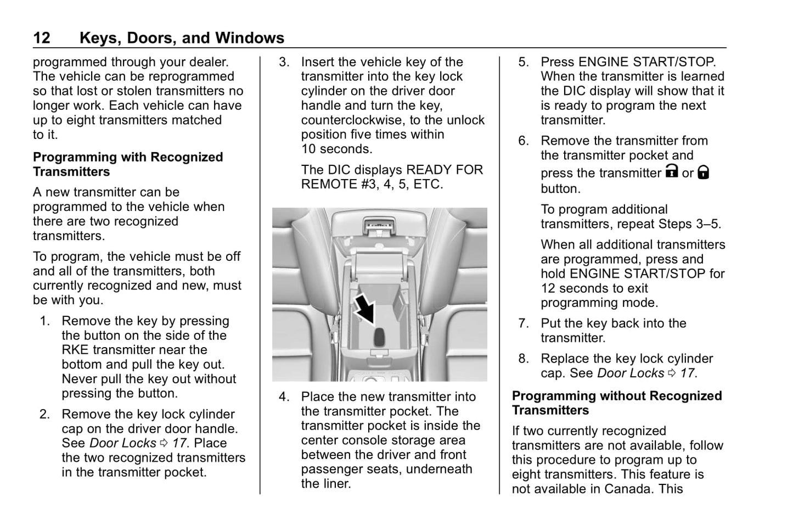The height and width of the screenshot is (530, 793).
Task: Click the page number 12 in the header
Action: [x=42, y=38]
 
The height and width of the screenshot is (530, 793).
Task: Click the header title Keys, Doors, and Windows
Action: [x=182, y=38]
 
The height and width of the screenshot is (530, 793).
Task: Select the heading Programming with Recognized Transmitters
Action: [x=127, y=164]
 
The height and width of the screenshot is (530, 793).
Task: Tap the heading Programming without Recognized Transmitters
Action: [x=616, y=403]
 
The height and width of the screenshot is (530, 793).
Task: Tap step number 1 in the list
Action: [x=45, y=321]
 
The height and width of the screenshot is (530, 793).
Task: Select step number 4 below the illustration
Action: [x=284, y=397]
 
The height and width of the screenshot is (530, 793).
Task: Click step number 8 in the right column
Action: [x=524, y=359]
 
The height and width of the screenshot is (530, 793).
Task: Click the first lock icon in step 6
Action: [x=671, y=172]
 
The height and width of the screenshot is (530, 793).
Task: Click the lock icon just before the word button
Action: [x=703, y=173]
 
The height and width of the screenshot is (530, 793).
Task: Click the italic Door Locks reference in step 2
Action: [x=122, y=443]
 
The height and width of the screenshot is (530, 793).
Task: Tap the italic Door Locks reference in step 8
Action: [x=631, y=373]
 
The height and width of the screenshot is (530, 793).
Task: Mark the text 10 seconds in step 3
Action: [x=336, y=149]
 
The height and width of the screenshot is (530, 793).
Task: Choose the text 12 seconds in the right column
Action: [x=594, y=288]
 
